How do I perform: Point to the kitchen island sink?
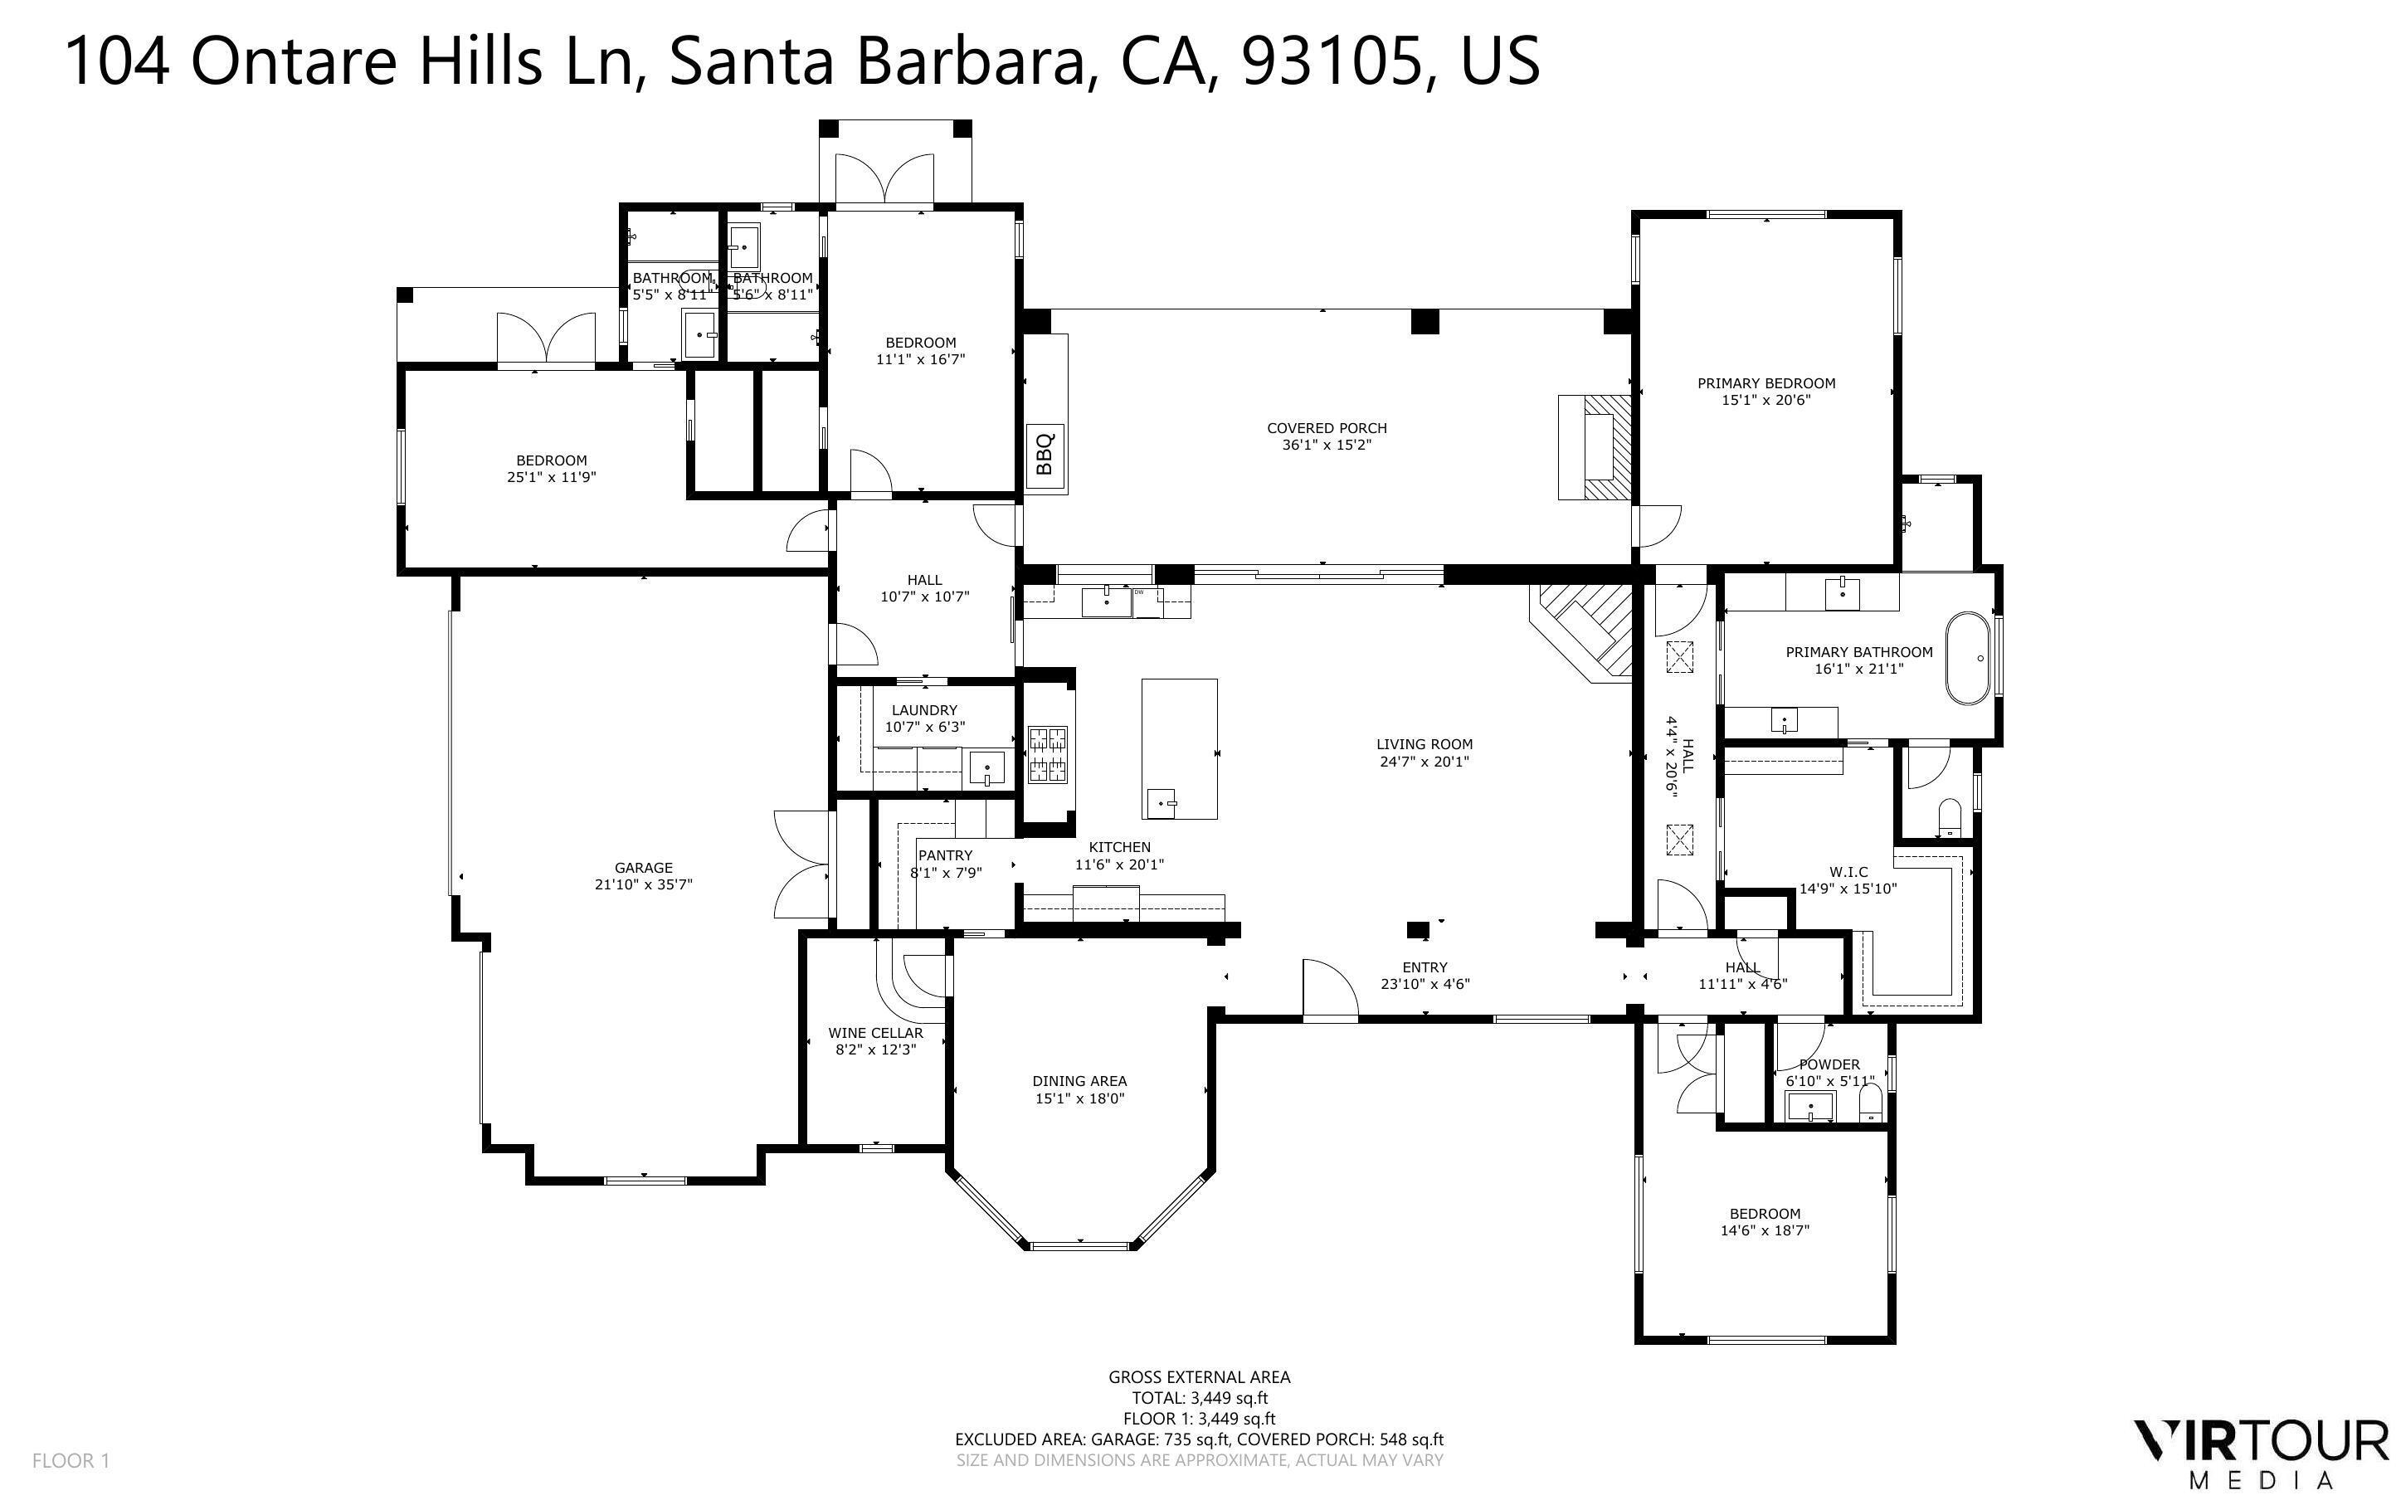pos(1162,801)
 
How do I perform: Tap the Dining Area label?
pos(1079,1081)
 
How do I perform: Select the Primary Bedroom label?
pos(1765,383)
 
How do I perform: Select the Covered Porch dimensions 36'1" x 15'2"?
pos(1326,446)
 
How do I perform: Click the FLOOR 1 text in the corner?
pos(71,1460)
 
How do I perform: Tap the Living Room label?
pos(1425,744)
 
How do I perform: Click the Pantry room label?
pos(945,855)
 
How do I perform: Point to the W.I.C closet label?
pos(1848,872)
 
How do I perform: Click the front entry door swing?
pos(1329,989)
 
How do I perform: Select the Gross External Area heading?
pos(1199,1377)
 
